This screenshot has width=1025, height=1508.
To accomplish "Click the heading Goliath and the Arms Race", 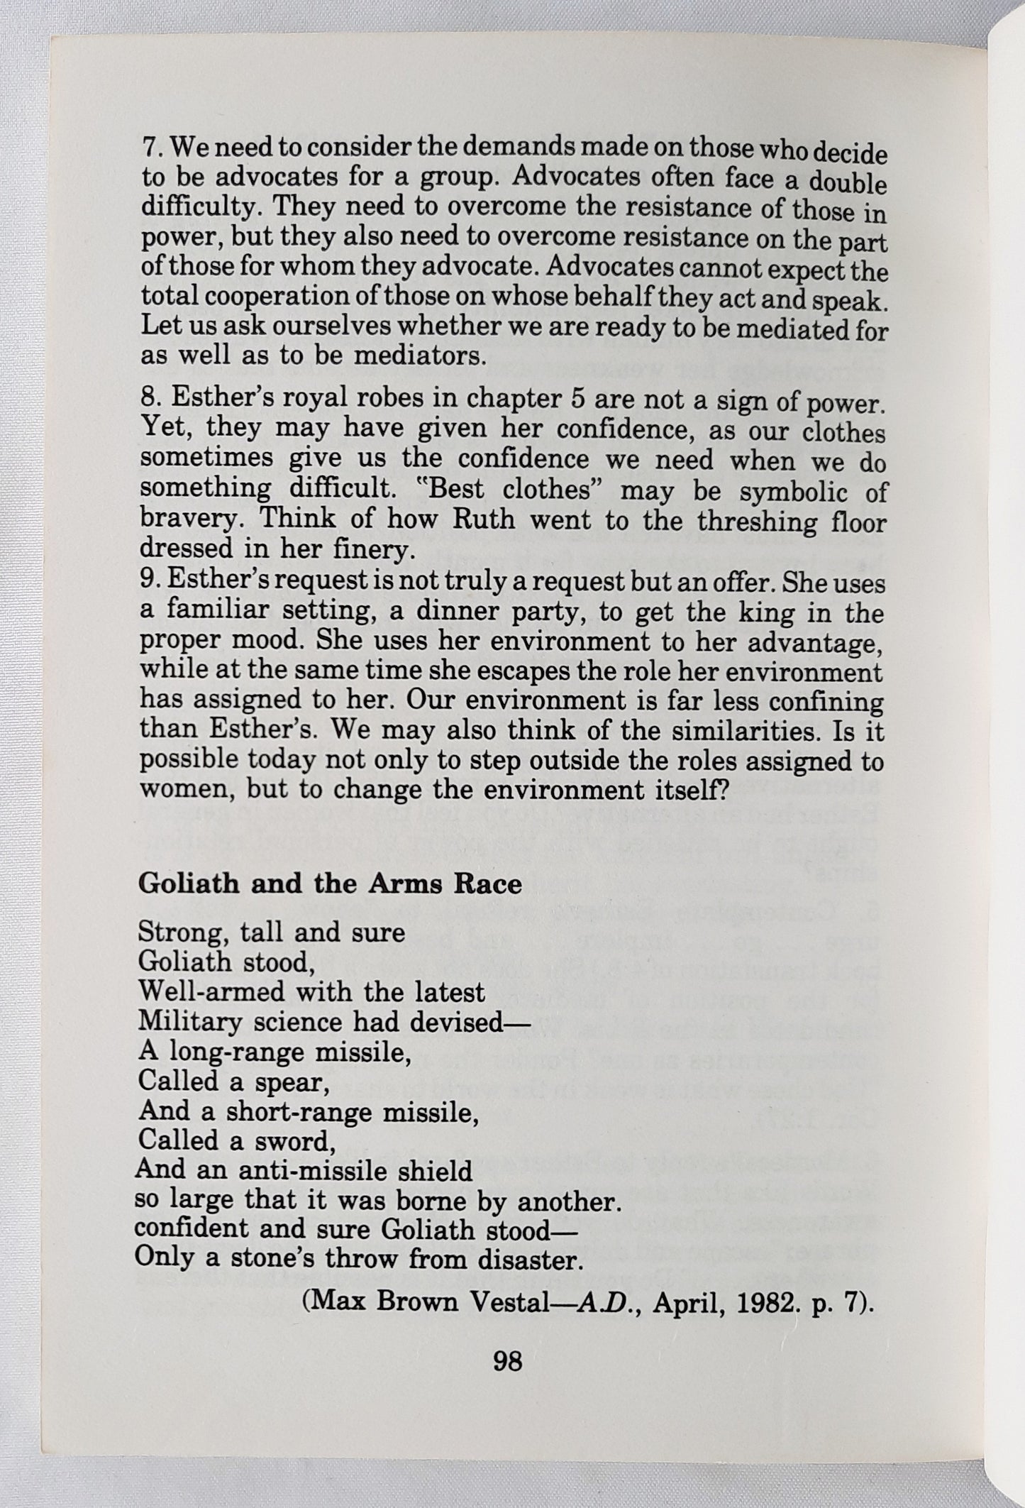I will coord(330,884).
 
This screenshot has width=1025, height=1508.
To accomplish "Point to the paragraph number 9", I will coord(148,579).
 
